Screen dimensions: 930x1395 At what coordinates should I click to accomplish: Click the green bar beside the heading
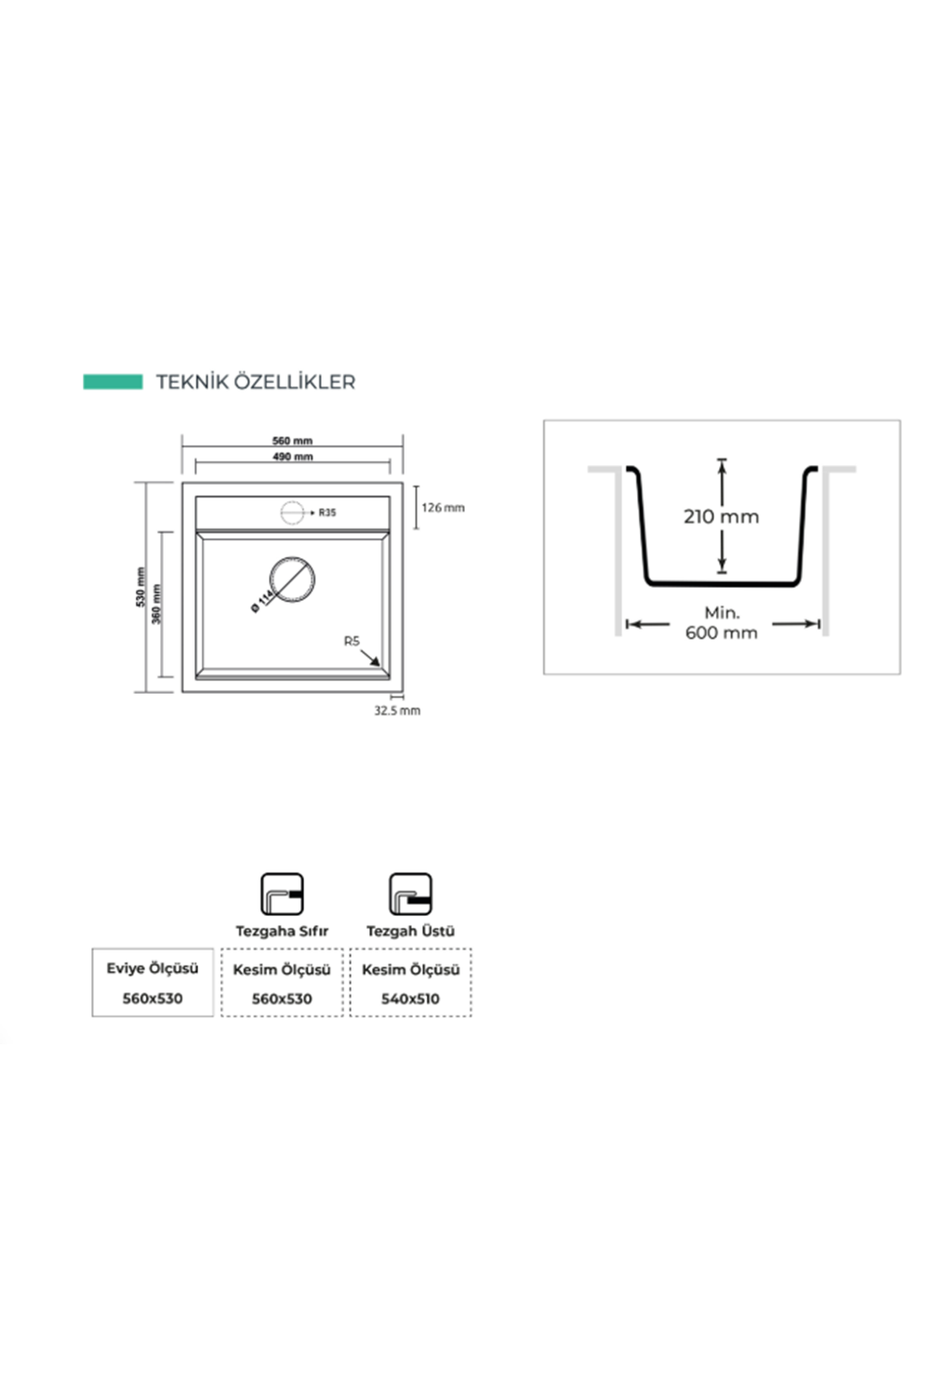coord(113,381)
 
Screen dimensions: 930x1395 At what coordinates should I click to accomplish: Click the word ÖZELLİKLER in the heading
coord(294,381)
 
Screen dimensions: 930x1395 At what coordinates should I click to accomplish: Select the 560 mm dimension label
coord(292,441)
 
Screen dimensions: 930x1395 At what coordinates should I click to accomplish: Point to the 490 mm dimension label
coord(293,457)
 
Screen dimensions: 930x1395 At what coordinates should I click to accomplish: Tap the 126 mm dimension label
coord(443,508)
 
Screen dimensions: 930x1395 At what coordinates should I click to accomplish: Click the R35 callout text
coord(327,512)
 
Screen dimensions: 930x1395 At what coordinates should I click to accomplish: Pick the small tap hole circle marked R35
coord(292,512)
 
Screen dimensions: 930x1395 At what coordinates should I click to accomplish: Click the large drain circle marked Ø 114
coord(291,579)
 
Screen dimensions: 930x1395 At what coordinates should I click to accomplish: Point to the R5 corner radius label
coord(352,641)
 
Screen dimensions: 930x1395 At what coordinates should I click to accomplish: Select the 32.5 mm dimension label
coord(397,711)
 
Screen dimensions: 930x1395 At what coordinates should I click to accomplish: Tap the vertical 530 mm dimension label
coord(140,587)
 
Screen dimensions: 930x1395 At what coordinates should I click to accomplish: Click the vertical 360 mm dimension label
coord(156,604)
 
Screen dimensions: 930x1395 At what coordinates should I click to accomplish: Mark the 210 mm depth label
coord(722,516)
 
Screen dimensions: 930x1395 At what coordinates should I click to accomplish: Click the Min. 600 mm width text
coord(722,623)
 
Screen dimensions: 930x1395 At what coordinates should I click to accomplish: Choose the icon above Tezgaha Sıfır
coord(282,894)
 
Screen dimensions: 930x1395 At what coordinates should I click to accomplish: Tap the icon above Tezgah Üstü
coord(410,894)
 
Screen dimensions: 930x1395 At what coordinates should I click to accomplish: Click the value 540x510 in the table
coord(410,999)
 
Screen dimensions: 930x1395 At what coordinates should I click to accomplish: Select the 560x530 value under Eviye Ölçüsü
coord(153,998)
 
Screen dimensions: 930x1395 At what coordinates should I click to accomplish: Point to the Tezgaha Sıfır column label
coord(282,931)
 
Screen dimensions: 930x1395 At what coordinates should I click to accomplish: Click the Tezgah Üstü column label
coord(410,931)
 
